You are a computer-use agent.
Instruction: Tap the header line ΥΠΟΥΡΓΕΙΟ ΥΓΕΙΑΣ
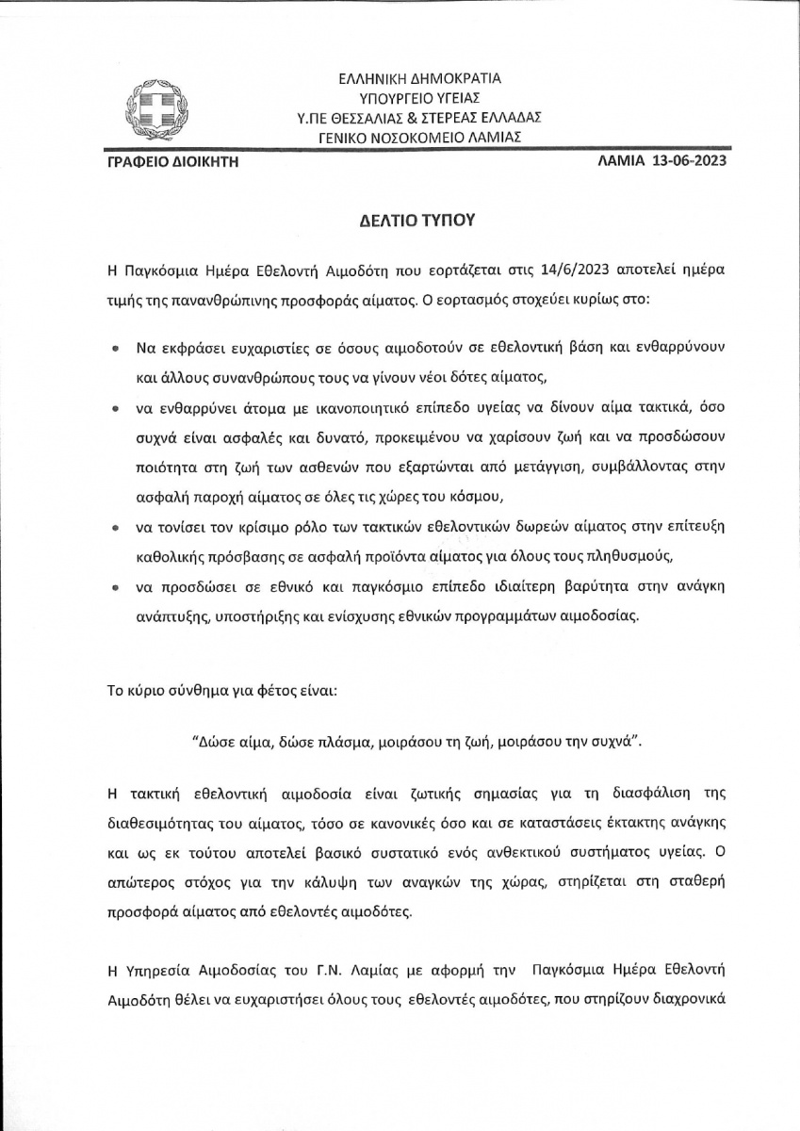420,97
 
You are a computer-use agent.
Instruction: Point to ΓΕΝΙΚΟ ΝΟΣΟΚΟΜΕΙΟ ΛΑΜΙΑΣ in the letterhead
420,137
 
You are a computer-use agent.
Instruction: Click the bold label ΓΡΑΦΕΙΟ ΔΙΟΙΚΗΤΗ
173,161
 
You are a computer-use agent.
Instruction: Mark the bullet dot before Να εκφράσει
115,349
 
